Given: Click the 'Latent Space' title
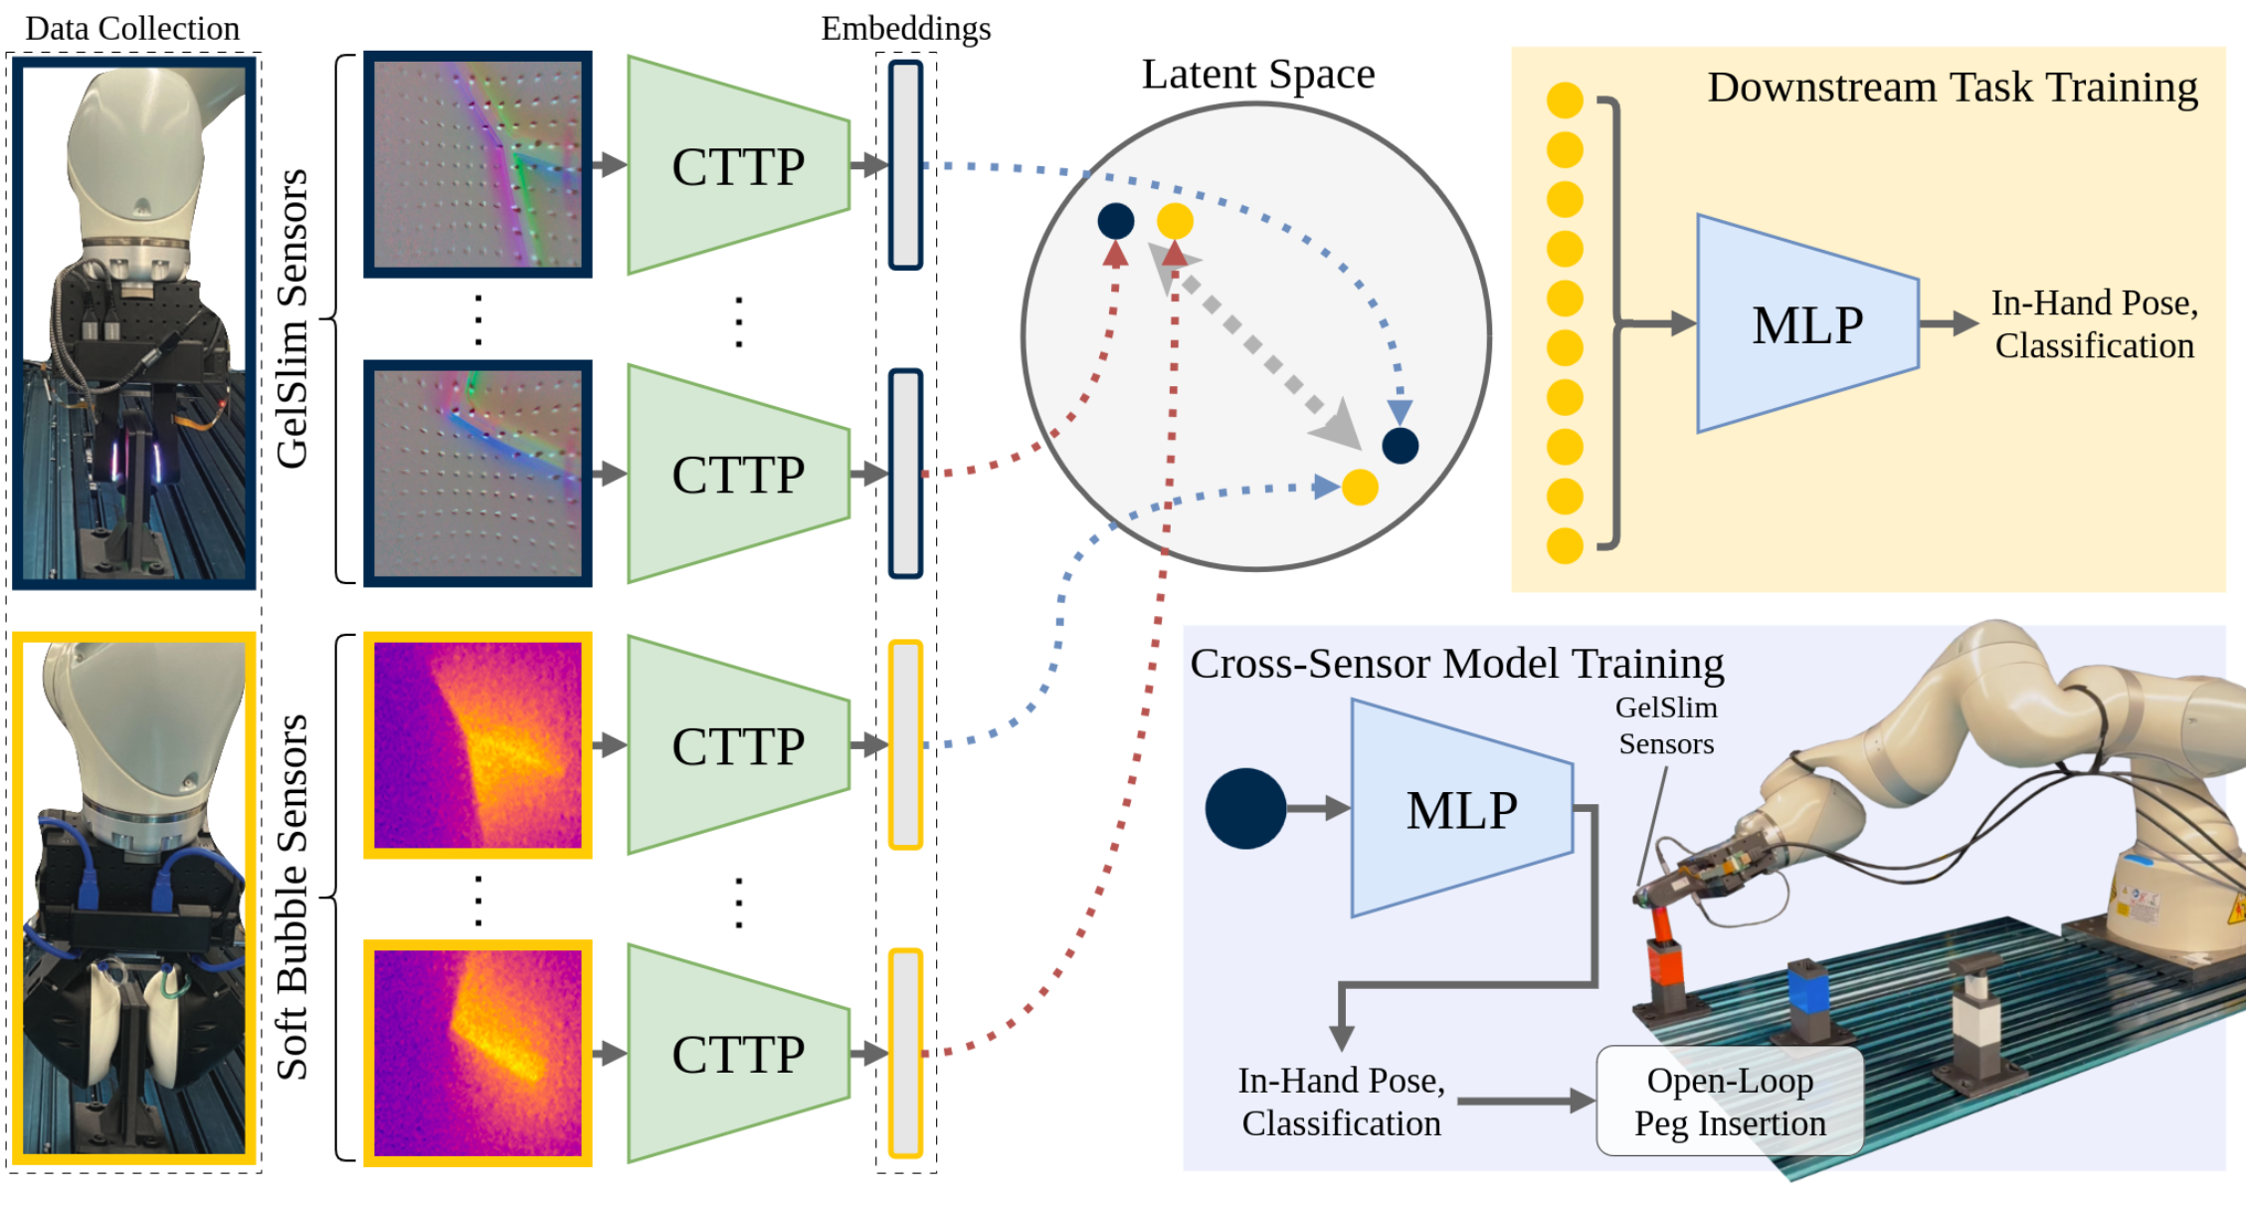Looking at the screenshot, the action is point(1257,75).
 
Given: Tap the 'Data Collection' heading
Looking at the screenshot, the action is point(132,28).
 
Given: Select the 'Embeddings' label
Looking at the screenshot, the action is point(905,28).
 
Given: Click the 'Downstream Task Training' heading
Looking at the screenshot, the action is point(1953,88).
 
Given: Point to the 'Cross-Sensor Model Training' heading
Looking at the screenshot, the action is point(1457,663).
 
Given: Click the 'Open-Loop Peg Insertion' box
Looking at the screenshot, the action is point(1730,1101).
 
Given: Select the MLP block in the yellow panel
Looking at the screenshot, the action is point(1807,323).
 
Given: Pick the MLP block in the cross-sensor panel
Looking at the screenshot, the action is point(1462,808).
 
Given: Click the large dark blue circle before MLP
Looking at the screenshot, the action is point(1245,808).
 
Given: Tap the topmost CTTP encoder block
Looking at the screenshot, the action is point(738,165).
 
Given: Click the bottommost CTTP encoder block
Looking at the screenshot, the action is point(738,1053).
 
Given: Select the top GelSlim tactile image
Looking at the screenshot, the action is point(477,164).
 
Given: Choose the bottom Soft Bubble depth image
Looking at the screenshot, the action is point(477,1053).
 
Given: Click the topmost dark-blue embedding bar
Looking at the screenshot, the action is point(905,165).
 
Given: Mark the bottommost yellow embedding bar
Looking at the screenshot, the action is point(905,1053).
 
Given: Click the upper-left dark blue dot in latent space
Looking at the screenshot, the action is point(1116,221).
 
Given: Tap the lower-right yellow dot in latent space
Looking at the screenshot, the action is point(1360,488).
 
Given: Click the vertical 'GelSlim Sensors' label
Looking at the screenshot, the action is point(291,318).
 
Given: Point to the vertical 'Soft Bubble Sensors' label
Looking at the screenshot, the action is point(291,897).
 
